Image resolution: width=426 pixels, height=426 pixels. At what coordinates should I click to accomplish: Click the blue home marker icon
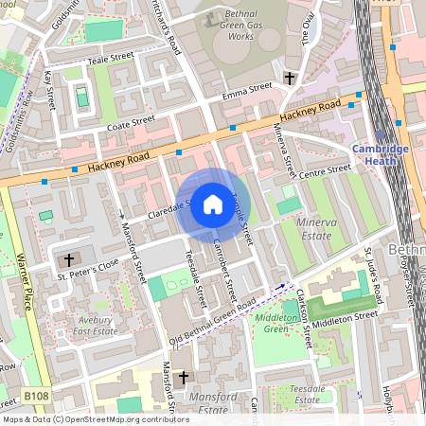click(213, 204)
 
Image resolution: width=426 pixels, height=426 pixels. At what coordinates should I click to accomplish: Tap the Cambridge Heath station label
click(381, 155)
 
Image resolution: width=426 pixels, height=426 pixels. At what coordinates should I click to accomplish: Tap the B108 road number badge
click(37, 396)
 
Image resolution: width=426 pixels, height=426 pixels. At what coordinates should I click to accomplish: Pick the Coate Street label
click(130, 121)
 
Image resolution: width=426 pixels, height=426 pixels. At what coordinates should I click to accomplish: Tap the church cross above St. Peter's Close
click(68, 259)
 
